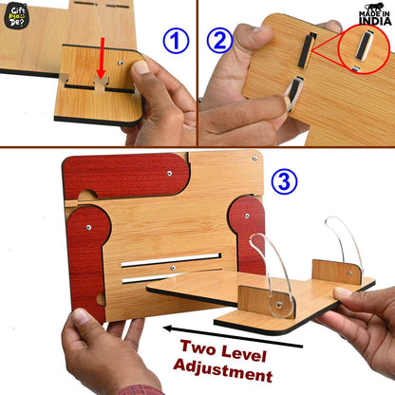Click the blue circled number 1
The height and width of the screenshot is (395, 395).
(176, 41)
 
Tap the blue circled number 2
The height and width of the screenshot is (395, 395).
(220, 40)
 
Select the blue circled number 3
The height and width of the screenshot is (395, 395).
(284, 181)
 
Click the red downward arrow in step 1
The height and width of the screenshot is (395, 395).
(102, 58)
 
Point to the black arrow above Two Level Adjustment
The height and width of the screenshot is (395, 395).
(233, 337)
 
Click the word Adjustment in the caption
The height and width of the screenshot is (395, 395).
(223, 370)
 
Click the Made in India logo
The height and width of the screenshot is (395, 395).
(375, 14)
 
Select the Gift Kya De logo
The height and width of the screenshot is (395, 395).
(17, 16)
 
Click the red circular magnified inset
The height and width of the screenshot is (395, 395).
(364, 48)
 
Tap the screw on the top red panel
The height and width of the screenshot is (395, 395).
(170, 174)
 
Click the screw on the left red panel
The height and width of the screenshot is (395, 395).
(88, 227)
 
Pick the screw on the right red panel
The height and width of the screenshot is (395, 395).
(247, 216)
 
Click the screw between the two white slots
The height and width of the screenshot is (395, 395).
(173, 269)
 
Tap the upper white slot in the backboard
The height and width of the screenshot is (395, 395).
(171, 260)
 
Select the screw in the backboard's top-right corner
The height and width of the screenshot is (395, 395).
(254, 158)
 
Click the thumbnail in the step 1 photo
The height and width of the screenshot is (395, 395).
(141, 67)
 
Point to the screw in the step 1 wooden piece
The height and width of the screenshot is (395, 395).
(121, 63)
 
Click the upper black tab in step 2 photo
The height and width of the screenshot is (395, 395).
(307, 50)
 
